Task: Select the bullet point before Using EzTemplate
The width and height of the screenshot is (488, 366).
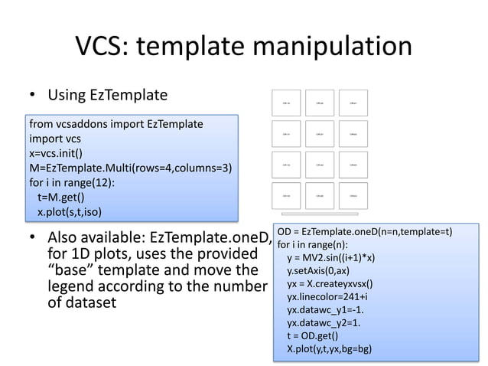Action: [33, 96]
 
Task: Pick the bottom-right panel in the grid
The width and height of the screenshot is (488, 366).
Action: [352, 196]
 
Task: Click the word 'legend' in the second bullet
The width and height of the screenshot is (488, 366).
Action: [73, 286]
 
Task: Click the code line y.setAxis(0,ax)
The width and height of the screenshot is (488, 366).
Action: [317, 271]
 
